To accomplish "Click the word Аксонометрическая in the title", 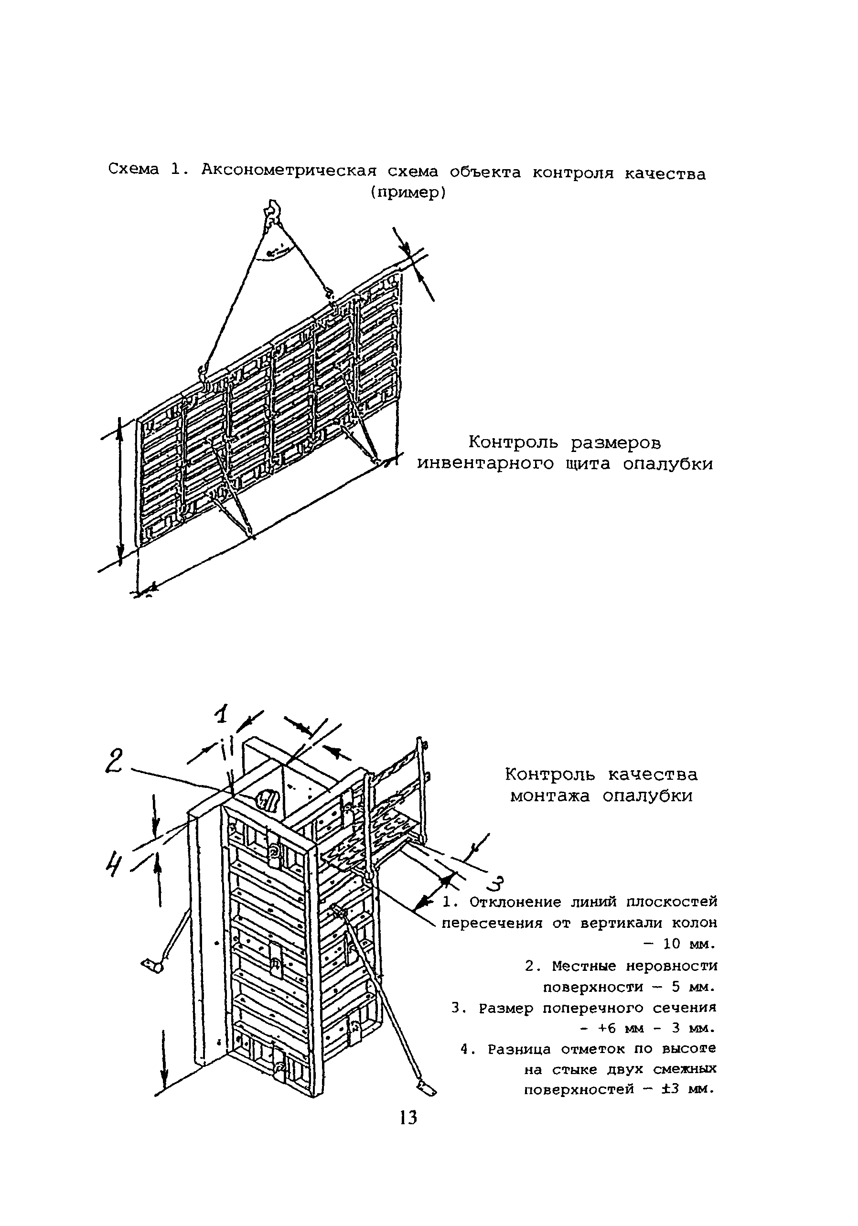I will coord(289,171).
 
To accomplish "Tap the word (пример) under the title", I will coord(408,192).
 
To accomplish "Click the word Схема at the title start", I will coord(133,170).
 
